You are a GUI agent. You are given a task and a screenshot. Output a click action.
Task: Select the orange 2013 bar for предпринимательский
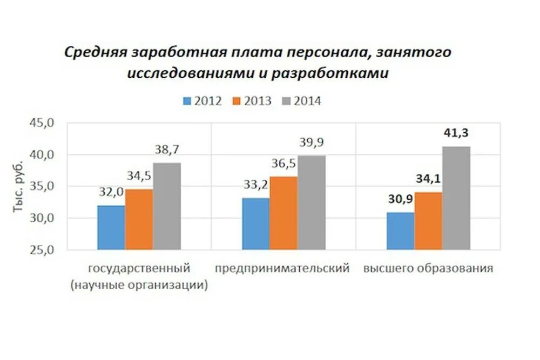point(283,213)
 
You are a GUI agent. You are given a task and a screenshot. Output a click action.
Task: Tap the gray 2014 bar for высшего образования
point(456,198)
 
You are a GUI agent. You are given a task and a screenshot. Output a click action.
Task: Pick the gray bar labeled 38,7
point(166,206)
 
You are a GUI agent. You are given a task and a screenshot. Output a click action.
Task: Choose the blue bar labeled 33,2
point(255,223)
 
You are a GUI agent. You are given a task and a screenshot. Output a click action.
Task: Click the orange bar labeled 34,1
point(428,221)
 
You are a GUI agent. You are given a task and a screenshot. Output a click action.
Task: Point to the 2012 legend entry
point(202,101)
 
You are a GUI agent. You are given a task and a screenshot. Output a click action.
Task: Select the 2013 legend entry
point(252,101)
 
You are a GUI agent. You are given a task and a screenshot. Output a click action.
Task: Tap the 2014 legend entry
point(301,101)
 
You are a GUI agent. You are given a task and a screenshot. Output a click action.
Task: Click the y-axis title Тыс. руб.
point(19,186)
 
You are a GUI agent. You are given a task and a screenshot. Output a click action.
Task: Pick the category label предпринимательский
point(282,268)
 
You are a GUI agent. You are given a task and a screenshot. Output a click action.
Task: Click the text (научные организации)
point(139,285)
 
